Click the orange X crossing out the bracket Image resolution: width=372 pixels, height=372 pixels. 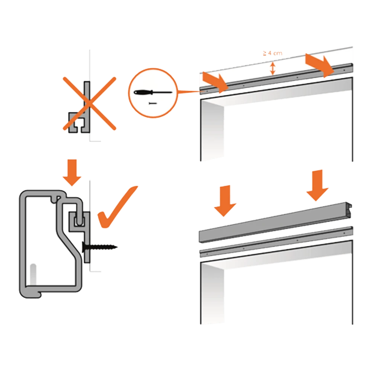tap(89, 103)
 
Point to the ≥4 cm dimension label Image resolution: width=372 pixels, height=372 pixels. tap(272, 54)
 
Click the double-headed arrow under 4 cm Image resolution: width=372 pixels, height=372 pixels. tap(273, 68)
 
